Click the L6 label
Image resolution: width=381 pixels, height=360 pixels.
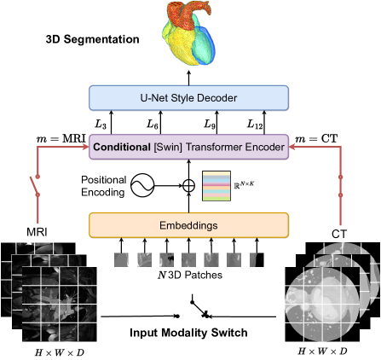click(x=153, y=125)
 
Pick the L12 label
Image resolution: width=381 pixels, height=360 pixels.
click(x=253, y=125)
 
